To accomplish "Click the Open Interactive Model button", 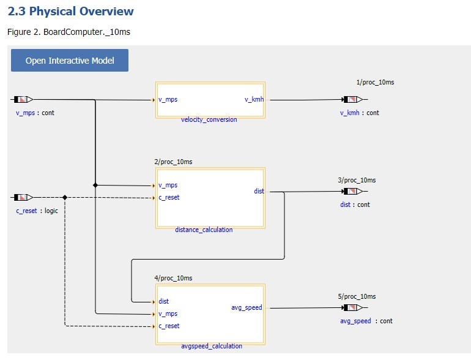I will [70, 61].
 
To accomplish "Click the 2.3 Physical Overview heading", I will [70, 11].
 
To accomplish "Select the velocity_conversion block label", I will [209, 119].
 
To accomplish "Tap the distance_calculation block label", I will [204, 230].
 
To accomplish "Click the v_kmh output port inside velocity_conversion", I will [254, 100].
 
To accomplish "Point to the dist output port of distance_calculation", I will [259, 191].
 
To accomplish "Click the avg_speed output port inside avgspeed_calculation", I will [247, 307].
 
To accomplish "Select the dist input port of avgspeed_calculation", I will [163, 301].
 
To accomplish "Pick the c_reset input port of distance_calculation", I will [169, 197].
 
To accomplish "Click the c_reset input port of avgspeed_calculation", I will [169, 326].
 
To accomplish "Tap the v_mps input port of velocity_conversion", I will [168, 100].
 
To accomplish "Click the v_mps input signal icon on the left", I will [23, 99].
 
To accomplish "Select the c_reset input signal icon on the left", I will [23, 197].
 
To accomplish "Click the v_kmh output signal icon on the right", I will [352, 99].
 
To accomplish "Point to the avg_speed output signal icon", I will [352, 307].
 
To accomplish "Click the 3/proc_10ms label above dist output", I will [357, 180].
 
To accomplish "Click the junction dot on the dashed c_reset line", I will [64, 197].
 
